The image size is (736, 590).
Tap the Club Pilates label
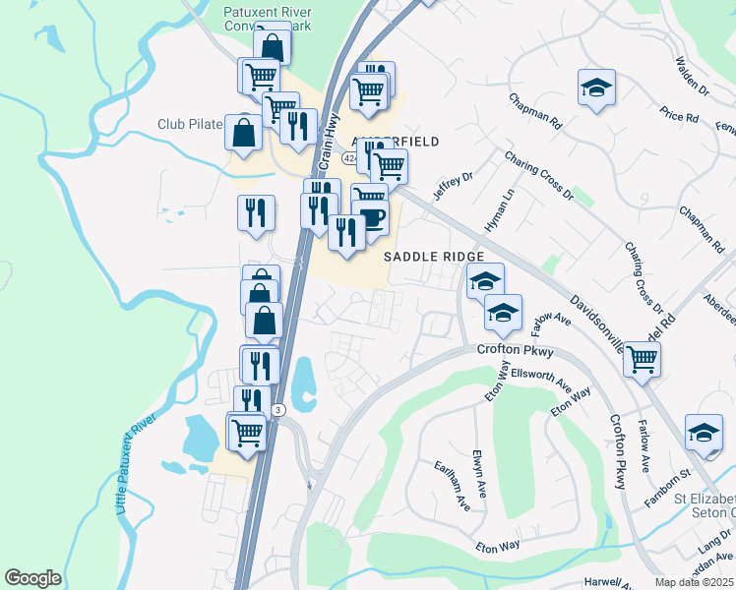pos(190,125)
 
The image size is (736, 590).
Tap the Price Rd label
pos(680,116)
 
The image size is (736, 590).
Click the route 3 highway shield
pos(278,409)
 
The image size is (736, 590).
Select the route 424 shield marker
pos(350,157)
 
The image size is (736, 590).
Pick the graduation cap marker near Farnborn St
pos(704,432)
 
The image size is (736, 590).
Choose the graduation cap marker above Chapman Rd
pos(596,87)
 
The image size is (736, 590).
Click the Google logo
pos(33,578)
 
